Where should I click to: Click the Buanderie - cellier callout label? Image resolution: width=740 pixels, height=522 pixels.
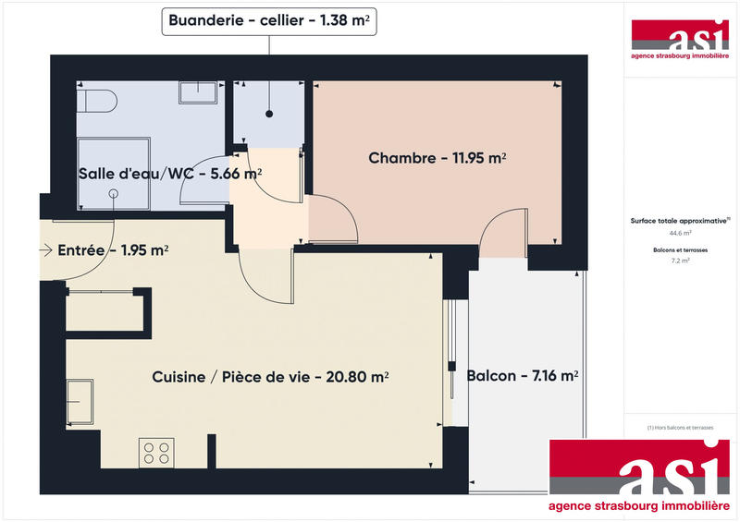click(270, 19)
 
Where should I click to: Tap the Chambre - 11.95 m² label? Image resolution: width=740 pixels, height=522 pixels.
click(437, 158)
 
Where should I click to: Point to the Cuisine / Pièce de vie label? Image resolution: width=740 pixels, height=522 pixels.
click(269, 376)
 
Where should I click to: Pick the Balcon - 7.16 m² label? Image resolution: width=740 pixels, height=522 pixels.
click(523, 376)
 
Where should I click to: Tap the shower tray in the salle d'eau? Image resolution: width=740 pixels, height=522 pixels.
click(113, 175)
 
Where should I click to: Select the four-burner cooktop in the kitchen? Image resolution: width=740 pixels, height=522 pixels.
click(156, 452)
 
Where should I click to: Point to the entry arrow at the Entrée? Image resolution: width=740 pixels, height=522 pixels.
click(46, 249)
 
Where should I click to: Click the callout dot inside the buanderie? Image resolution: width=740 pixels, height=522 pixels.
click(270, 115)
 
